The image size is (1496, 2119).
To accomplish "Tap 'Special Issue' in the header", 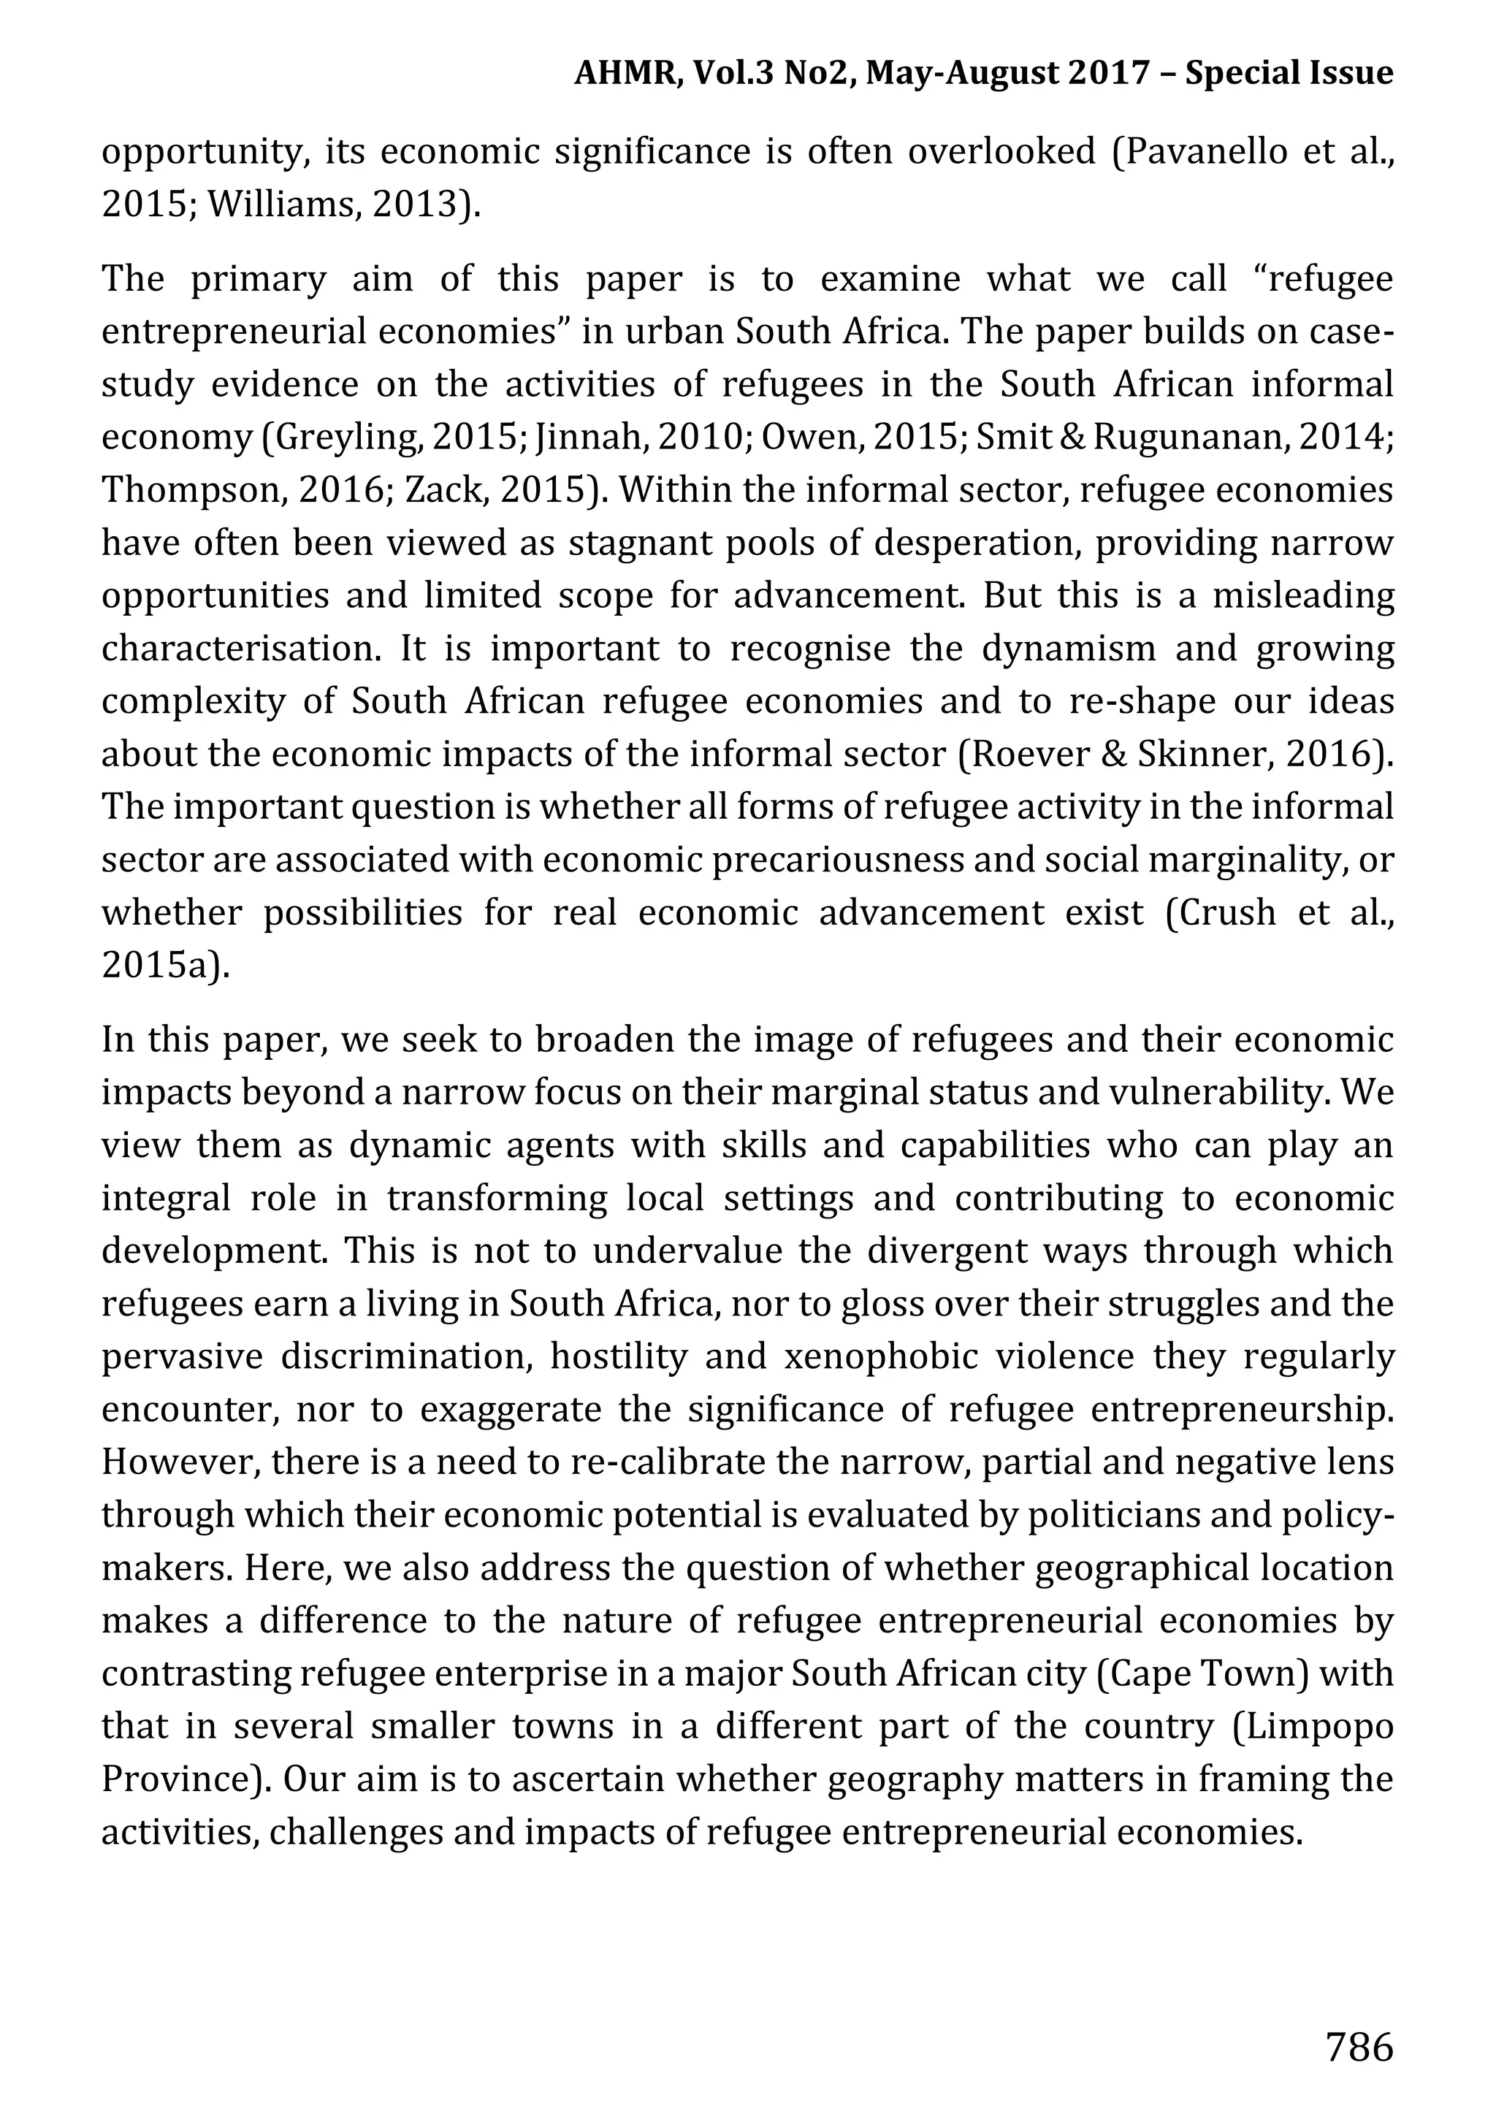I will (x=1289, y=72).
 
